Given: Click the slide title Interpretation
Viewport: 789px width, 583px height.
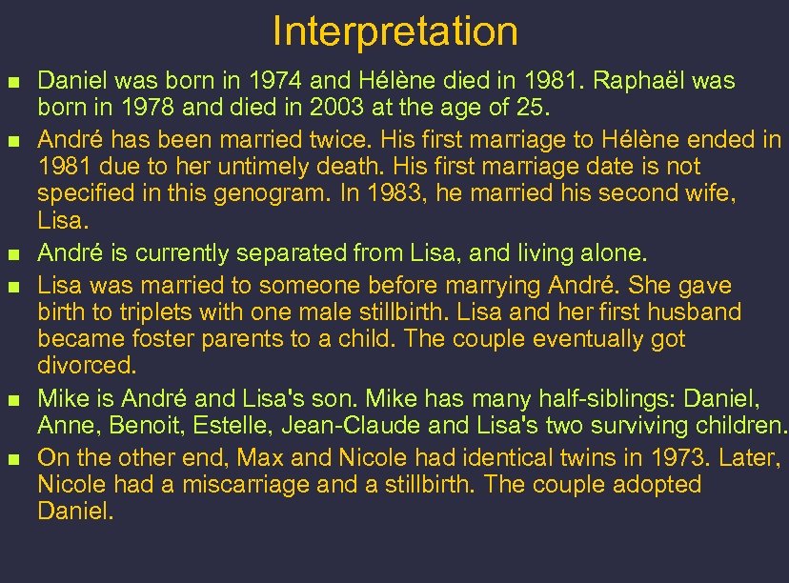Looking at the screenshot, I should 394,31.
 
